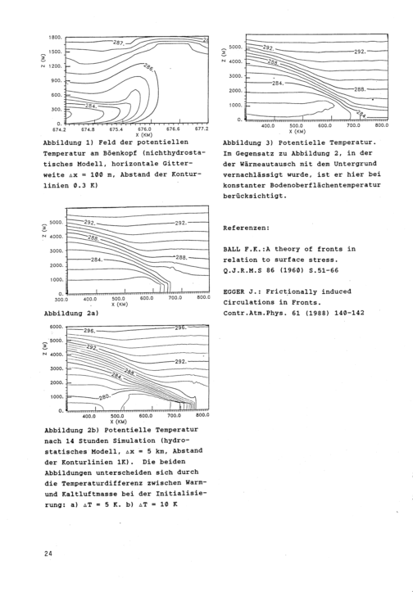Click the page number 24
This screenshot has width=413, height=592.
point(48,554)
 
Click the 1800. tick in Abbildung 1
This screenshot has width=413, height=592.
point(55,38)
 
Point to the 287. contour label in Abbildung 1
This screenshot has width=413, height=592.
point(119,43)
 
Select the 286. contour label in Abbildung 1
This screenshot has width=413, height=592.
point(149,68)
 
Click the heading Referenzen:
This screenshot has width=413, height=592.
point(247,228)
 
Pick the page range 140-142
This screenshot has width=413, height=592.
point(350,313)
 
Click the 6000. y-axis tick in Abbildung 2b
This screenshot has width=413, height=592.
point(57,327)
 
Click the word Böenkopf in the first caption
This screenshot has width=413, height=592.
point(124,153)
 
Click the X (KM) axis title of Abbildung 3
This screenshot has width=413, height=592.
point(297,131)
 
